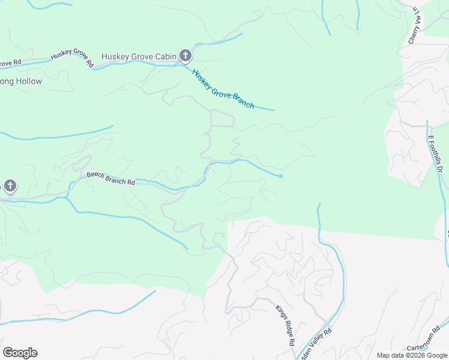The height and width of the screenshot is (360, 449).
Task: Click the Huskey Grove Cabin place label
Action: (139, 57)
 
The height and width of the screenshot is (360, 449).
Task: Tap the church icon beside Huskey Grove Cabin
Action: (185, 57)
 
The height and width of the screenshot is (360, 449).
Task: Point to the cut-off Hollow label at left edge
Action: (21, 81)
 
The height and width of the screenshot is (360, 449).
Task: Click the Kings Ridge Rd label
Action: (285, 325)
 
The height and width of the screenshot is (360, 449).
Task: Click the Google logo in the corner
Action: (20, 353)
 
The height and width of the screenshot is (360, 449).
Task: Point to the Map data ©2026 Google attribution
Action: (411, 355)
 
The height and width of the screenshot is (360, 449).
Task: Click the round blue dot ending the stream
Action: (280, 176)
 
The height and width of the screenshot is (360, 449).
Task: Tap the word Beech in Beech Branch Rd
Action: (95, 176)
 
